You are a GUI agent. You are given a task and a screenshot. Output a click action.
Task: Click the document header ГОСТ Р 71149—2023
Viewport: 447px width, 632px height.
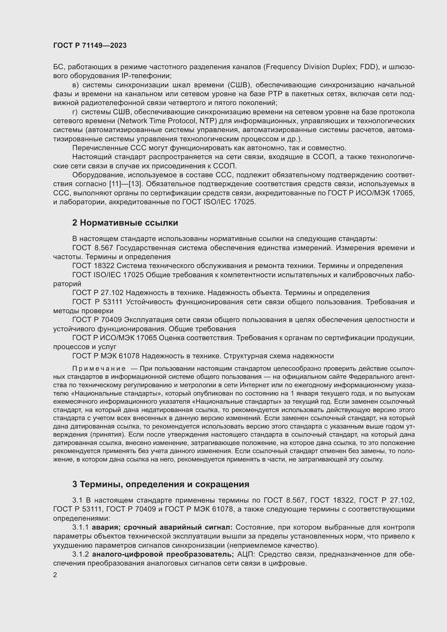tap(90, 46)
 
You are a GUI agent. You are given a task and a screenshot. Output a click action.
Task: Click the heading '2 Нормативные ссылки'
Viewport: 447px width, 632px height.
tap(125, 223)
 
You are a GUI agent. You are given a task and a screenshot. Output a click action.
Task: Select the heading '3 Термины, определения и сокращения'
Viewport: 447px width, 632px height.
tap(161, 484)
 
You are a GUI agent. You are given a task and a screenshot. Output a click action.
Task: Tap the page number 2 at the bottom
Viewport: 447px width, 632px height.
tap(55, 575)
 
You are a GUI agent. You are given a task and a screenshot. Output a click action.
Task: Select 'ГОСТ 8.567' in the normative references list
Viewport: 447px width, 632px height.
tap(92, 248)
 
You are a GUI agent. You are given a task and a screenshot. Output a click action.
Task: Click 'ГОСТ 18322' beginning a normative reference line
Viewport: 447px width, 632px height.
tap(93, 266)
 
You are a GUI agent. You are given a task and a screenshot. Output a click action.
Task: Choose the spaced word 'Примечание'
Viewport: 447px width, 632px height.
tap(99, 369)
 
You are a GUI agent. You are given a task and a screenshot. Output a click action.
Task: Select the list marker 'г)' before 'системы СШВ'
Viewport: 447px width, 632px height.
tap(75, 112)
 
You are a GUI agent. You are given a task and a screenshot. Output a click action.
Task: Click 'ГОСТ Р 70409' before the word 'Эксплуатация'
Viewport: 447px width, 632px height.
tap(97, 320)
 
